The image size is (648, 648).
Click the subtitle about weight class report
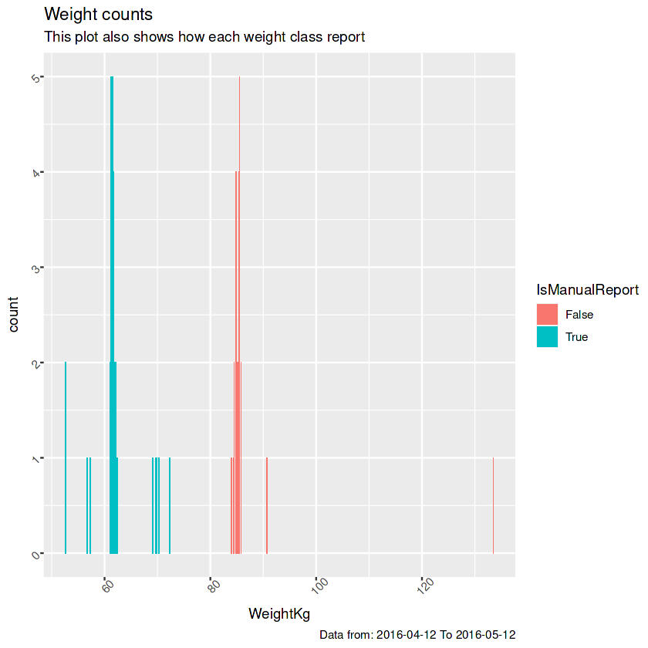204,36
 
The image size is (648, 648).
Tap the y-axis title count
15,315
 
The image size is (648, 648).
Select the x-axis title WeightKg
279,614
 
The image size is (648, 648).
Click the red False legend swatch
547,314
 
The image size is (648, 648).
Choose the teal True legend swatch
547,336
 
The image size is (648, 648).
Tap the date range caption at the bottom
417,634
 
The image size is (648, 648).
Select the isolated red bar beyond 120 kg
493,506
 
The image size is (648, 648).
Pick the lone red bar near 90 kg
267,506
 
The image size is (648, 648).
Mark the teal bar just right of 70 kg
170,506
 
